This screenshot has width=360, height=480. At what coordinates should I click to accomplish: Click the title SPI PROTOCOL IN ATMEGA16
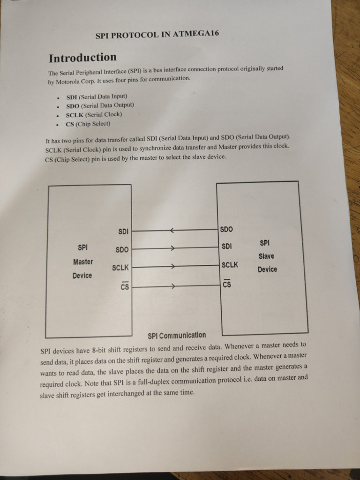coord(157,35)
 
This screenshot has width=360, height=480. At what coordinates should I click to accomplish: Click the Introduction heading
coord(82,58)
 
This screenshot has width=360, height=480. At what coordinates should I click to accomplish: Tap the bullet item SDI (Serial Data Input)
coord(97,97)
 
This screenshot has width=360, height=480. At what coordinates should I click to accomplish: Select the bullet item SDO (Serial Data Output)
coord(100,105)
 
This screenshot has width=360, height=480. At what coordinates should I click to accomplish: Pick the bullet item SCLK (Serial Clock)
coord(94,114)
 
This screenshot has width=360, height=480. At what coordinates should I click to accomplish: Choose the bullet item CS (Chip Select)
coord(88,124)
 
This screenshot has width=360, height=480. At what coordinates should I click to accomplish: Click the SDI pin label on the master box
coord(123,232)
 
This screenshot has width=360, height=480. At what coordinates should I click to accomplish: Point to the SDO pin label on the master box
coord(122,250)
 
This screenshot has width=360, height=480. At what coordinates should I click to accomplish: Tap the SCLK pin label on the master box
coord(120,268)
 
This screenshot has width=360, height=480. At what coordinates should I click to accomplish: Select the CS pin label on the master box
coord(124,286)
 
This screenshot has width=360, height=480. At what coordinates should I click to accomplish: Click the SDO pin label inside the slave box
coord(226,230)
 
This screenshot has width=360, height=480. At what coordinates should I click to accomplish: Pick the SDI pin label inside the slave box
coord(226,246)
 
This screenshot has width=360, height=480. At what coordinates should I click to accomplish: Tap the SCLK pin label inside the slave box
coord(230,265)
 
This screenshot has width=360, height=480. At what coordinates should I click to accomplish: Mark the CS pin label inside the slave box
coord(226,284)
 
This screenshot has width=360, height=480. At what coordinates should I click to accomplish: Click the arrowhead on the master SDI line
coord(172,231)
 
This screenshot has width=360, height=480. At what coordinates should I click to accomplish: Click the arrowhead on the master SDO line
coord(173,249)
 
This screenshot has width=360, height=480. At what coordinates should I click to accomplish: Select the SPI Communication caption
coord(176,336)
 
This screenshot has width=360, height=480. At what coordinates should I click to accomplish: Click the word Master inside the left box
coord(83,262)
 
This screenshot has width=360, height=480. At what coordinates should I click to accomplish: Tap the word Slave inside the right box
coord(266,256)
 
